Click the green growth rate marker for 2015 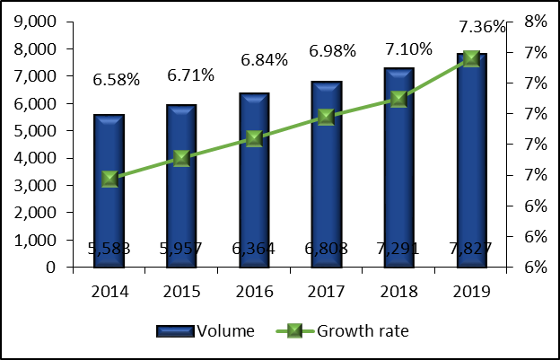click(181, 159)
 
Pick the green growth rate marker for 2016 click(254, 138)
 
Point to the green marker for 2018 click(398, 99)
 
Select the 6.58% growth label click(117, 80)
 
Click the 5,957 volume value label click(182, 249)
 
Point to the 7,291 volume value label click(399, 249)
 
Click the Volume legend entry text click(230, 331)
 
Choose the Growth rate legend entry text click(363, 331)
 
